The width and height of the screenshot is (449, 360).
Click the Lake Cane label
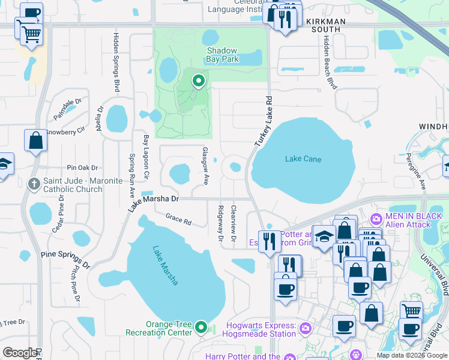click(303, 159)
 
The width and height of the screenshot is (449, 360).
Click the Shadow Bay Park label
click(223, 55)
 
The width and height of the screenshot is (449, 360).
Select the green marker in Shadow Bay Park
click(198, 80)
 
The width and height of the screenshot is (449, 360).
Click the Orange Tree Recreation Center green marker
click(201, 328)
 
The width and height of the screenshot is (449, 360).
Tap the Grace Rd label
click(178, 220)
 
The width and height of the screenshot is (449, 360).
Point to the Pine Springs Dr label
click(65, 259)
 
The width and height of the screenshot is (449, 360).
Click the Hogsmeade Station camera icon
click(305, 328)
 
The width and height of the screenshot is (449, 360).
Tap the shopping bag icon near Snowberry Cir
click(35, 141)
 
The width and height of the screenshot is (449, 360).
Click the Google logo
click(19, 353)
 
